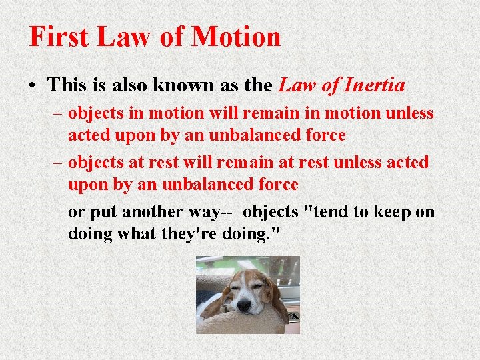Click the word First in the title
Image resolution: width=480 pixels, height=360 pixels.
tap(59, 37)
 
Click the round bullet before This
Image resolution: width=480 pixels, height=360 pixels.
tap(33, 86)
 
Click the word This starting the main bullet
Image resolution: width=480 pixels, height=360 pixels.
tap(71, 85)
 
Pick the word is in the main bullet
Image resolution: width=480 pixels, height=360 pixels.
tap(103, 85)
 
